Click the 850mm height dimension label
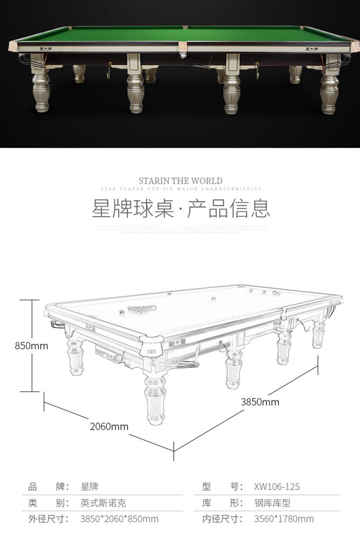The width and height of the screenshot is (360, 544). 32,345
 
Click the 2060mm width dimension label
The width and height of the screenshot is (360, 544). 109,426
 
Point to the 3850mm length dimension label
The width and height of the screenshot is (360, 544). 260,402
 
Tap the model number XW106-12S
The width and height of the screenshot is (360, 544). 276,487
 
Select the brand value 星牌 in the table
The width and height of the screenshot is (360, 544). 89,487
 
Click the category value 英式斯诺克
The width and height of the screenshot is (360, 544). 103,503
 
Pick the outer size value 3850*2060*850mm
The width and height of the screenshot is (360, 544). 119,519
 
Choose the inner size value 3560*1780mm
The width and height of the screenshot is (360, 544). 284,519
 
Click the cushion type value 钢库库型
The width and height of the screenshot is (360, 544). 272,503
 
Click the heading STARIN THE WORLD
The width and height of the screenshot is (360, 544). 180,181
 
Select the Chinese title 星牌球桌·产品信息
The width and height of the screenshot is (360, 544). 180,209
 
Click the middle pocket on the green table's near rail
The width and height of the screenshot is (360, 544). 182,47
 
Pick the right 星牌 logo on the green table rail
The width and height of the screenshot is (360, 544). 312,48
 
